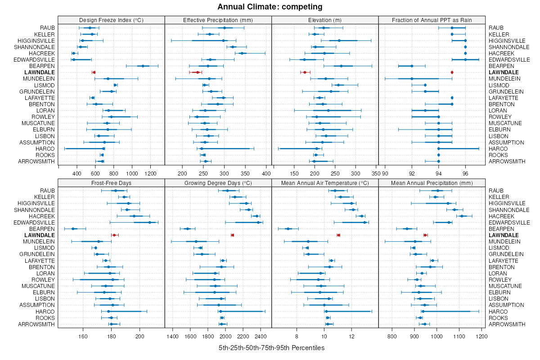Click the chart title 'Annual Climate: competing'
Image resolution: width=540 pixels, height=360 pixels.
(x=270, y=7)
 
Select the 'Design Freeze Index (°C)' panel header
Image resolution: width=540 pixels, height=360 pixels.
(x=111, y=20)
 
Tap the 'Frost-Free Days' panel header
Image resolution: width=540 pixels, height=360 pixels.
(x=111, y=183)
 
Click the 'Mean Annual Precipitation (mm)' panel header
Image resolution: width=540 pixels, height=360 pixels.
(x=432, y=183)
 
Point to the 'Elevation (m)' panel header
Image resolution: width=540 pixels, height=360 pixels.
(x=325, y=20)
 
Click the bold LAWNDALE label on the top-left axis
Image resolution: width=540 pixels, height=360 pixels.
(x=40, y=72)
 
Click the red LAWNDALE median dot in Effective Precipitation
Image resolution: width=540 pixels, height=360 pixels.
(x=197, y=72)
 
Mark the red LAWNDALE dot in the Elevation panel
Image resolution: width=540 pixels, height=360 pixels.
(x=305, y=72)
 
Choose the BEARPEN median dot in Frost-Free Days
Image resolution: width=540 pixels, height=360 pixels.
(x=73, y=229)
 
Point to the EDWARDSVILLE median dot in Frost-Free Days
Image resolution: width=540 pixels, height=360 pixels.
(x=150, y=222)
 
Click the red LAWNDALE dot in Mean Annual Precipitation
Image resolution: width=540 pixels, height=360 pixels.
(x=425, y=235)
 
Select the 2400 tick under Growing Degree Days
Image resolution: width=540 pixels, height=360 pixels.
(x=260, y=336)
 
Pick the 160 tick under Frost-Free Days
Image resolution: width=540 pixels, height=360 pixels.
(x=83, y=336)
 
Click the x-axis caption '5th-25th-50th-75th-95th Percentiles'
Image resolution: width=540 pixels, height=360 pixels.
(x=271, y=348)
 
